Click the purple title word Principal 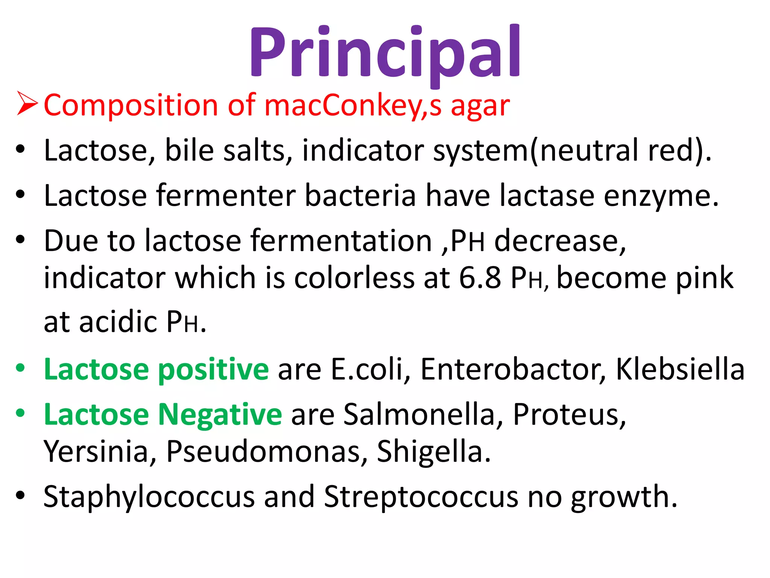pyautogui.click(x=385, y=53)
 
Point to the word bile pyautogui.click(x=189, y=150)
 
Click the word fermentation pyautogui.click(x=341, y=240)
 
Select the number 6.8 pyautogui.click(x=480, y=278)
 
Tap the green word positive pyautogui.click(x=213, y=370)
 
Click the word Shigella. pyautogui.click(x=434, y=452)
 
